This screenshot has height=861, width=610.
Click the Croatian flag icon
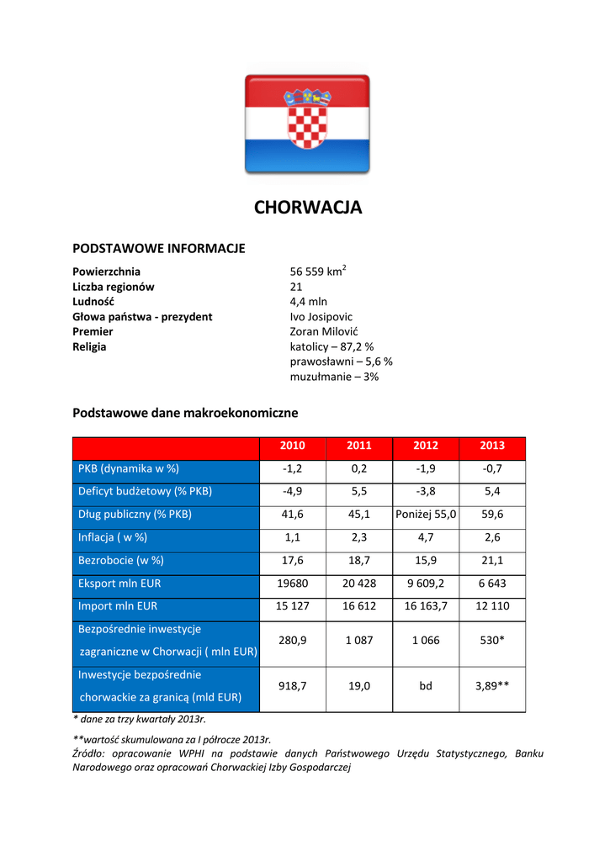pyautogui.click(x=307, y=124)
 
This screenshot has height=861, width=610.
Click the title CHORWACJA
pyautogui.click(x=308, y=208)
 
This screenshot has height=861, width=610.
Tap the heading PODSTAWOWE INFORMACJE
pyautogui.click(x=159, y=248)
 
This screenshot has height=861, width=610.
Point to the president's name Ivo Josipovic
pyautogui.click(x=321, y=316)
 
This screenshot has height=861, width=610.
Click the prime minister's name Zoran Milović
pyautogui.click(x=325, y=331)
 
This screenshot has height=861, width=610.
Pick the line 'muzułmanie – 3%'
pyautogui.click(x=334, y=377)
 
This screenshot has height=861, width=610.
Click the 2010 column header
pyautogui.click(x=292, y=446)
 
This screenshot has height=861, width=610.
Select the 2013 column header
pyautogui.click(x=492, y=446)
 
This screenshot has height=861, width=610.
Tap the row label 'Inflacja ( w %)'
pyautogui.click(x=113, y=537)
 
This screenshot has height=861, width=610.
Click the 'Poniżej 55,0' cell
pyautogui.click(x=426, y=515)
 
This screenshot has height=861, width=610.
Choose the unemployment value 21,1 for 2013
pyautogui.click(x=492, y=560)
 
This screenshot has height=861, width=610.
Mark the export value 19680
pyautogui.click(x=292, y=584)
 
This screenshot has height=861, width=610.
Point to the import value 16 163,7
pyautogui.click(x=426, y=606)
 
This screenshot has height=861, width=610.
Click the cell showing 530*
pyautogui.click(x=492, y=640)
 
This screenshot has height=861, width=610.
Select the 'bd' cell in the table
pyautogui.click(x=426, y=686)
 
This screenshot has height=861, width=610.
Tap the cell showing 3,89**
pyautogui.click(x=492, y=686)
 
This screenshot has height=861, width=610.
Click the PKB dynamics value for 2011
pyautogui.click(x=359, y=468)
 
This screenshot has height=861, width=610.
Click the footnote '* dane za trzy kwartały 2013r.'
pyautogui.click(x=140, y=720)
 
